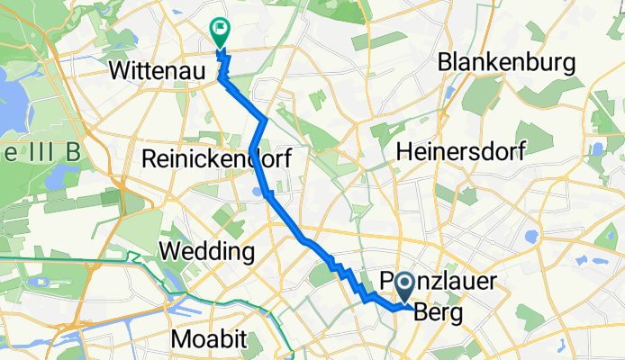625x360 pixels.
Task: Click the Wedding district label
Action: click(x=205, y=249)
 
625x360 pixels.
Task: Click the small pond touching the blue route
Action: click(x=259, y=191)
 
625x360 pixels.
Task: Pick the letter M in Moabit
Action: click(x=180, y=339)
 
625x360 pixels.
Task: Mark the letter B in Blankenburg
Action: click(x=445, y=62)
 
